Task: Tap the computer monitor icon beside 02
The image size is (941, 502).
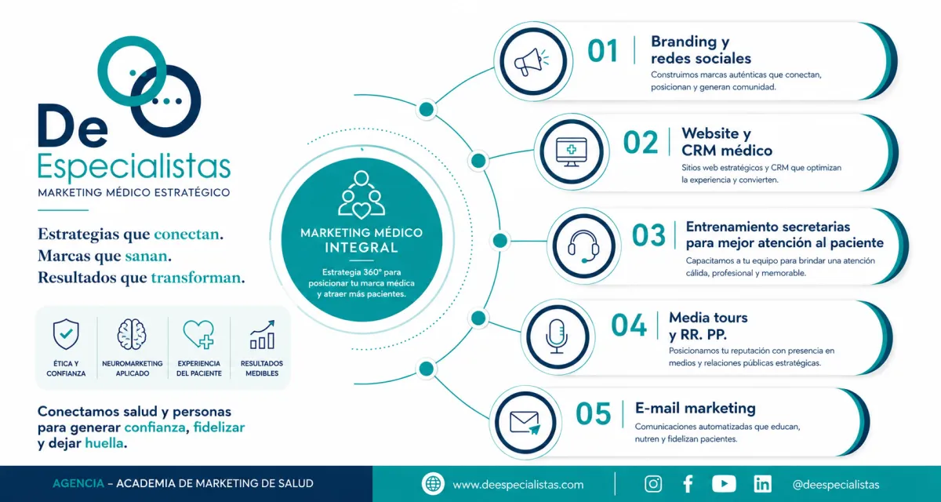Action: pos(572,151)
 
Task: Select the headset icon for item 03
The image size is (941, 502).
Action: pos(583,246)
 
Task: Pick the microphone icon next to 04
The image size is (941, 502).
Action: pos(557,336)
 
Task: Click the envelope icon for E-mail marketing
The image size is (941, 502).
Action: pos(525,423)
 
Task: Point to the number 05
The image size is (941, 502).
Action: pos(593,414)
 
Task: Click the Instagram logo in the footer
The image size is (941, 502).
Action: pos(653,484)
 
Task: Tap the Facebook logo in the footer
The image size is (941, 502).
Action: pos(688,484)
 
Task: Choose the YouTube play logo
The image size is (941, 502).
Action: pos(724,484)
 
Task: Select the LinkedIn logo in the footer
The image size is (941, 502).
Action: pos(762,484)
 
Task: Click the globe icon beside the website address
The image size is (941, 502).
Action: pos(433,484)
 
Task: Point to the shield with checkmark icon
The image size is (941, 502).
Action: pos(66,334)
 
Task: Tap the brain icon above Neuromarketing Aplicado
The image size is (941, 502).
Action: pos(132,334)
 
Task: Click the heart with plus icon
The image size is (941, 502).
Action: pos(198,334)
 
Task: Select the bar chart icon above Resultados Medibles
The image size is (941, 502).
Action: pos(263,335)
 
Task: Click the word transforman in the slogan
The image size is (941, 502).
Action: pos(196,278)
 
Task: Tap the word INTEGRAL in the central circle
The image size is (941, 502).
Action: pos(362,247)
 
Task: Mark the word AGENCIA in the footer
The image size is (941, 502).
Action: pos(78,483)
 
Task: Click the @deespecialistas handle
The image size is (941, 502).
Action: pos(836,485)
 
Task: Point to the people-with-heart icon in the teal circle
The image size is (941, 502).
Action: pos(362,195)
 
